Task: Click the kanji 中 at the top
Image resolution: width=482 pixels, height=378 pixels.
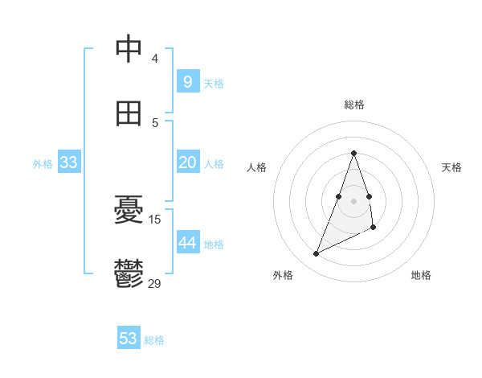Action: (129, 48)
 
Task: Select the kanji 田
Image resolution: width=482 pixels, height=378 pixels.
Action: (129, 113)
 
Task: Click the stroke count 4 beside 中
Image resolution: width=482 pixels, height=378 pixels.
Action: (155, 58)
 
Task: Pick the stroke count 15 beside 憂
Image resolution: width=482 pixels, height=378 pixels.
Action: (155, 219)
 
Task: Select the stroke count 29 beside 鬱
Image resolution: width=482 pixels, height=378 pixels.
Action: (155, 283)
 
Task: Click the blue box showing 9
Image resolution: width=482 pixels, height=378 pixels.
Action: (187, 81)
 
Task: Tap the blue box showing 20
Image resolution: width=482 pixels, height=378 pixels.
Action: (187, 162)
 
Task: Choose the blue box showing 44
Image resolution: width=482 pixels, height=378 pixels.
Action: (187, 243)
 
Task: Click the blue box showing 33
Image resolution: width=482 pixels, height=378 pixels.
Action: (69, 162)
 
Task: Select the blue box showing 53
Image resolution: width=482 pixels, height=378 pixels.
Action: (129, 339)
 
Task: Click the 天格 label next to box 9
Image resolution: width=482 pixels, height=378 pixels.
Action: (214, 83)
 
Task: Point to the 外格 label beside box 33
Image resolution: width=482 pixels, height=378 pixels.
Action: (43, 164)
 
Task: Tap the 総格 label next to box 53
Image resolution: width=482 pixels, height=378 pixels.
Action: (154, 340)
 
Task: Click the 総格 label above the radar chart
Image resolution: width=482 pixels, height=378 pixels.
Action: (354, 105)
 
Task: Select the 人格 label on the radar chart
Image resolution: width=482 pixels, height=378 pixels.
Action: (256, 167)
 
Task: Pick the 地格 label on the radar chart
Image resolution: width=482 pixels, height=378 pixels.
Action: (421, 275)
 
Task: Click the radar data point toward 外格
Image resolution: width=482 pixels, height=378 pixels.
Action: (316, 254)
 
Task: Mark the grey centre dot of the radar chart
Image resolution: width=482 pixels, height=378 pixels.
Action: (353, 200)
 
